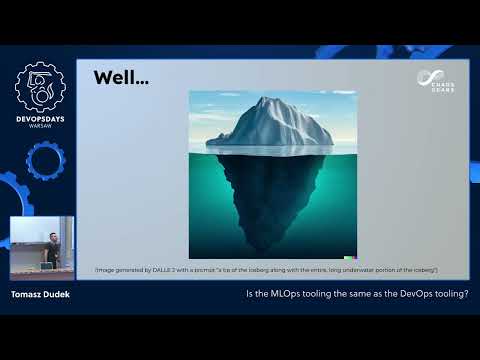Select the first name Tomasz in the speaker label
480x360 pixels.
[28, 296]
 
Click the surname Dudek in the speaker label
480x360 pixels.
[60, 296]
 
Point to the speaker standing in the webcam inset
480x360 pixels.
[50, 250]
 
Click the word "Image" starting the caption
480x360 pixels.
[103, 271]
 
